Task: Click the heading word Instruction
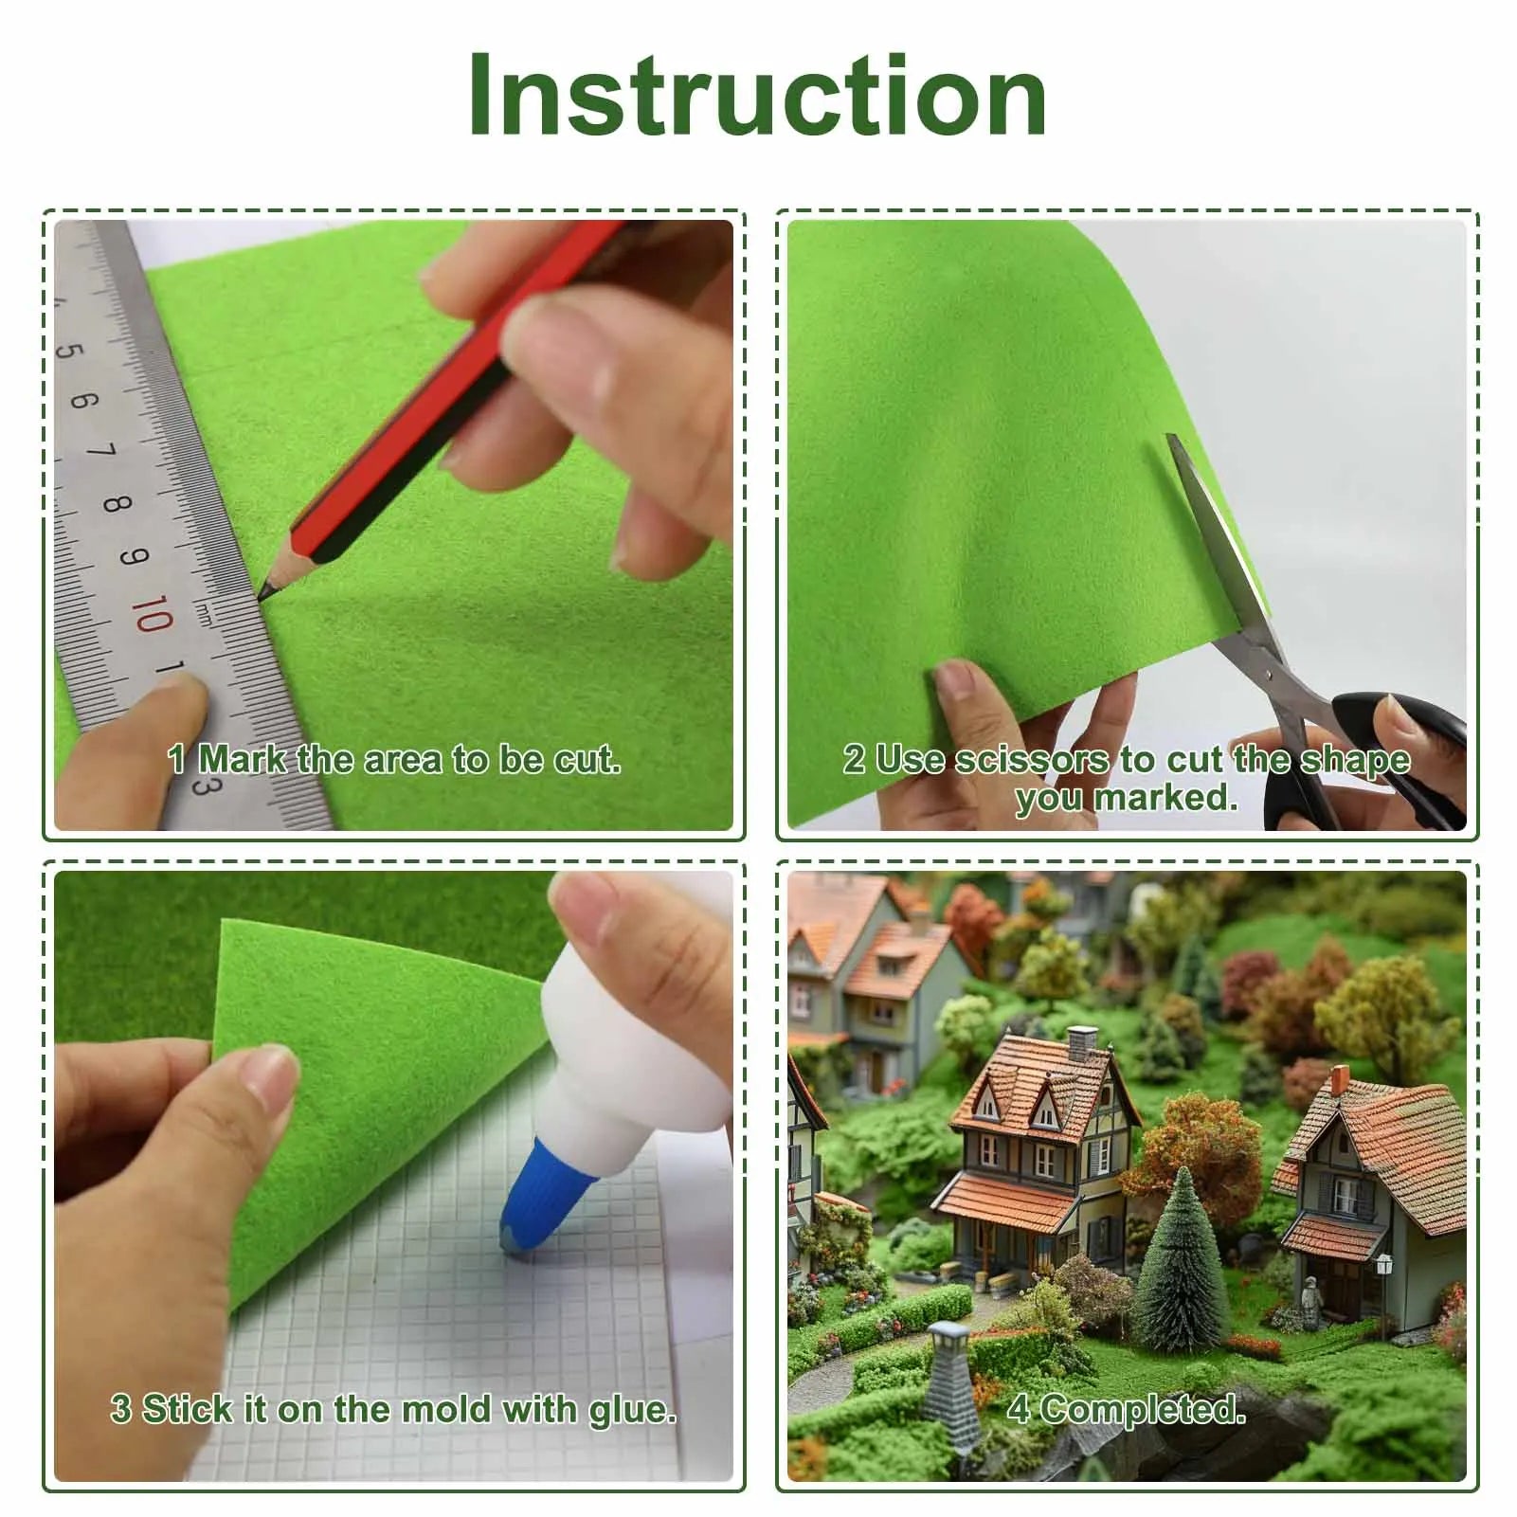[757, 96]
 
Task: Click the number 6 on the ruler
[83, 399]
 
